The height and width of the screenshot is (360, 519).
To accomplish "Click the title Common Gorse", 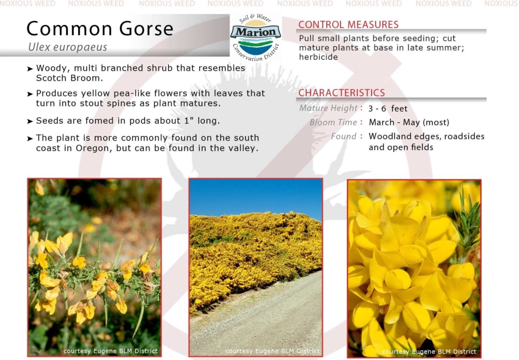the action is [x=100, y=28].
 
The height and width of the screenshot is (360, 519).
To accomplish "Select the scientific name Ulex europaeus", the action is [x=67, y=47].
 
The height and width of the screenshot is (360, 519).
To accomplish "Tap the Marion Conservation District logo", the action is [x=255, y=38].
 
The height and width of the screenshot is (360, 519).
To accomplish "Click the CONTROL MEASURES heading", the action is [x=348, y=24].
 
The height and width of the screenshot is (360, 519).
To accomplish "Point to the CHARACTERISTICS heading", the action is [x=342, y=93].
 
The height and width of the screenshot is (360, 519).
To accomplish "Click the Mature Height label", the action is [x=328, y=109].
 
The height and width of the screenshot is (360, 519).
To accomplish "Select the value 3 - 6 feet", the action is [x=388, y=109].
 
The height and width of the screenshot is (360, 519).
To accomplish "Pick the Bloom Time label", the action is [x=333, y=122].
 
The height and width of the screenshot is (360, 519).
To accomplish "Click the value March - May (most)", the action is [x=409, y=123].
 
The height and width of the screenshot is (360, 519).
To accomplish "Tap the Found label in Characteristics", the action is [x=344, y=136].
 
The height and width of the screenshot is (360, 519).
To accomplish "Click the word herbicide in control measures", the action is [x=318, y=57].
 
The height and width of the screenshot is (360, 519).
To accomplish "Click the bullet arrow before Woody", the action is [x=30, y=69].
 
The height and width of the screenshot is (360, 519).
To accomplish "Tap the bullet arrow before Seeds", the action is [x=30, y=122].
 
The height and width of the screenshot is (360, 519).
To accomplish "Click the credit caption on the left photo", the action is [x=110, y=351].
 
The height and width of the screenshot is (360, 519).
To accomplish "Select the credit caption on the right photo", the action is [x=429, y=352].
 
